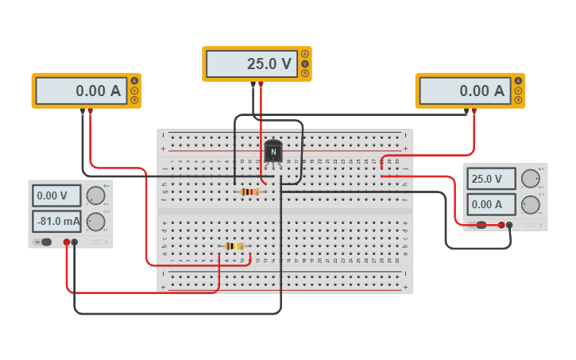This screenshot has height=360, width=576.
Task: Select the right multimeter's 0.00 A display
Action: [464, 91]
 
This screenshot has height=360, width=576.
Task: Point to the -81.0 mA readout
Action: [56, 221]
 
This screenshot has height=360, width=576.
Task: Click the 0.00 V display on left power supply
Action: [56, 195]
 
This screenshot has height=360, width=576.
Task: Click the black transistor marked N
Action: [273, 151]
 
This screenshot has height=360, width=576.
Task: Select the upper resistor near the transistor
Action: [250, 192]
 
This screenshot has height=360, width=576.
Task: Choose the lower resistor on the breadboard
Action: [234, 246]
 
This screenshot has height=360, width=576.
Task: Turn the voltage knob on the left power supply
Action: [95, 195]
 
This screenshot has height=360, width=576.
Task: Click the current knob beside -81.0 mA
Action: [95, 222]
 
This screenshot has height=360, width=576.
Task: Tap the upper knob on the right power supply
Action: [530, 179]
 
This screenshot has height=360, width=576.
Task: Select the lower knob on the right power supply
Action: [530, 205]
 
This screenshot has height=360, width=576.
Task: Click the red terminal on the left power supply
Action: [66, 242]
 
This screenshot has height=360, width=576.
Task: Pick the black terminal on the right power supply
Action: [509, 225]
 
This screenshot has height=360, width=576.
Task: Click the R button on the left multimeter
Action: [134, 100]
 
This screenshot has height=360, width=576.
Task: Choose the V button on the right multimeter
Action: [518, 91]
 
